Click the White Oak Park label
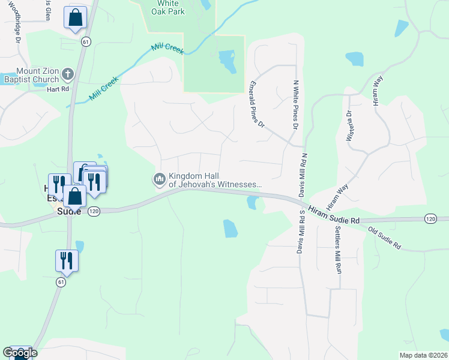click(x=167, y=7)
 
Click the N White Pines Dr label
click(x=295, y=106)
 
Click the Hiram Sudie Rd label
click(x=334, y=214)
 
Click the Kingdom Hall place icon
click(x=160, y=179)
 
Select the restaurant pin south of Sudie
click(x=66, y=260)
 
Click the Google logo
click(x=20, y=352)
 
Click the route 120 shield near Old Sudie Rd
click(x=430, y=219)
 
